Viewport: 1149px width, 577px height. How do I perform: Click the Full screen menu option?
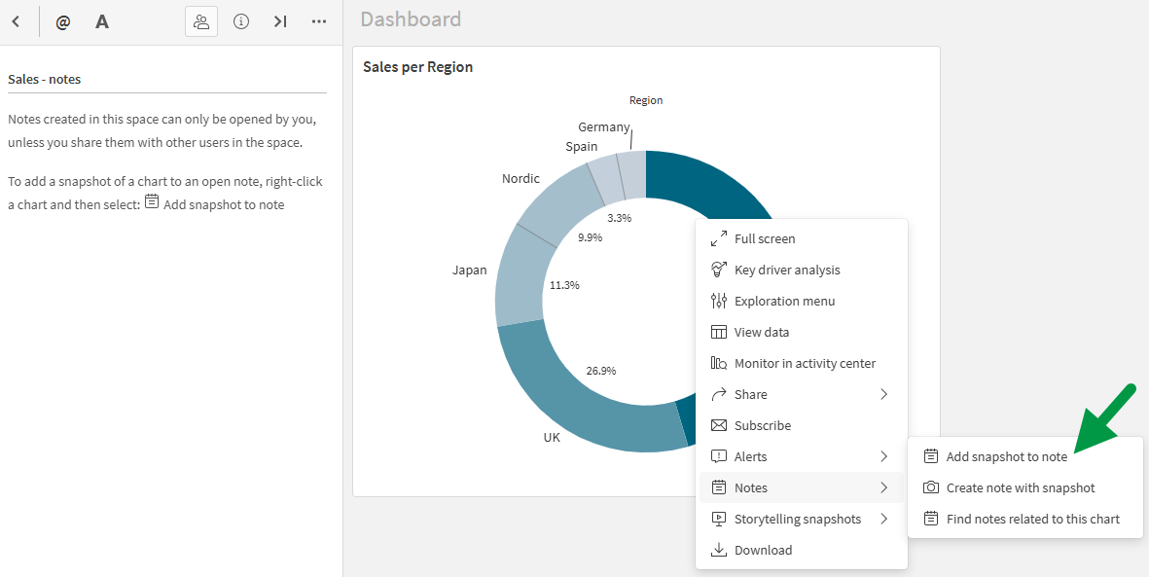pos(765,238)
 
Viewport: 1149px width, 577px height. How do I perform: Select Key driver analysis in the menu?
pos(787,270)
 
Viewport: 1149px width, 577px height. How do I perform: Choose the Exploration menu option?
pos(784,301)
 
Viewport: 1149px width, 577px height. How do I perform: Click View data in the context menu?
pos(762,332)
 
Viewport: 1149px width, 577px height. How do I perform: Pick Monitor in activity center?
pos(805,363)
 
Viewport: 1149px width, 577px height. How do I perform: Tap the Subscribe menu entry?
pos(763,425)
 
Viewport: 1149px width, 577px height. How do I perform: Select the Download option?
pos(763,550)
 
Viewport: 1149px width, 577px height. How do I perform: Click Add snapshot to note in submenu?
pos(1006,456)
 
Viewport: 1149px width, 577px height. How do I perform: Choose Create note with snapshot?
pos(1021,487)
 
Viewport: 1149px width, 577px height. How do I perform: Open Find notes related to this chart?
pos(1032,519)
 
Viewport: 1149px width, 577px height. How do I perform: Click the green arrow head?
pos(1082,444)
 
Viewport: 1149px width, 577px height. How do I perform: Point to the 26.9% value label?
pos(600,371)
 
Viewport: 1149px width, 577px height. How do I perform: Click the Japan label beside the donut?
pos(469,270)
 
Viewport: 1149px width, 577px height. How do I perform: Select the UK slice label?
pos(552,438)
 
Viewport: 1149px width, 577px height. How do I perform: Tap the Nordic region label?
pos(521,179)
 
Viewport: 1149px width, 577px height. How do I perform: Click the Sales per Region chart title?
pos(417,67)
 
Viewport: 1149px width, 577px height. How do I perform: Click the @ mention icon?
pos(63,21)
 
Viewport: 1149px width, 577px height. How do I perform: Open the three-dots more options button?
pos(319,21)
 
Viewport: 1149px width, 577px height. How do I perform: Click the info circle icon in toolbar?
pos(241,21)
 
